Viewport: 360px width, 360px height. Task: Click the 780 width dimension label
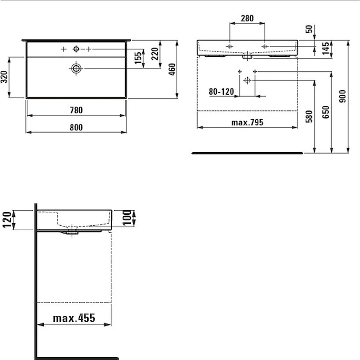point(76,110)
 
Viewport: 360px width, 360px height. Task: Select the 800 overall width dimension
point(76,127)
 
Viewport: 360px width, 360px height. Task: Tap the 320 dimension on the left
point(4,77)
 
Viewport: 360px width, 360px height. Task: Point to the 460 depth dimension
point(172,69)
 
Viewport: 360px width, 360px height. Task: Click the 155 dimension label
point(138,58)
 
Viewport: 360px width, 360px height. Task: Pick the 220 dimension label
point(155,53)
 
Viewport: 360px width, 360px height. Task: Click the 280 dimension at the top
point(247,18)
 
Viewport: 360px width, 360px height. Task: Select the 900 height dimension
point(342,96)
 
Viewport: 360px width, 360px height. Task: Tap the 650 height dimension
point(326,112)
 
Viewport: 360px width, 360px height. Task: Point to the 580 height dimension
point(309,116)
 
